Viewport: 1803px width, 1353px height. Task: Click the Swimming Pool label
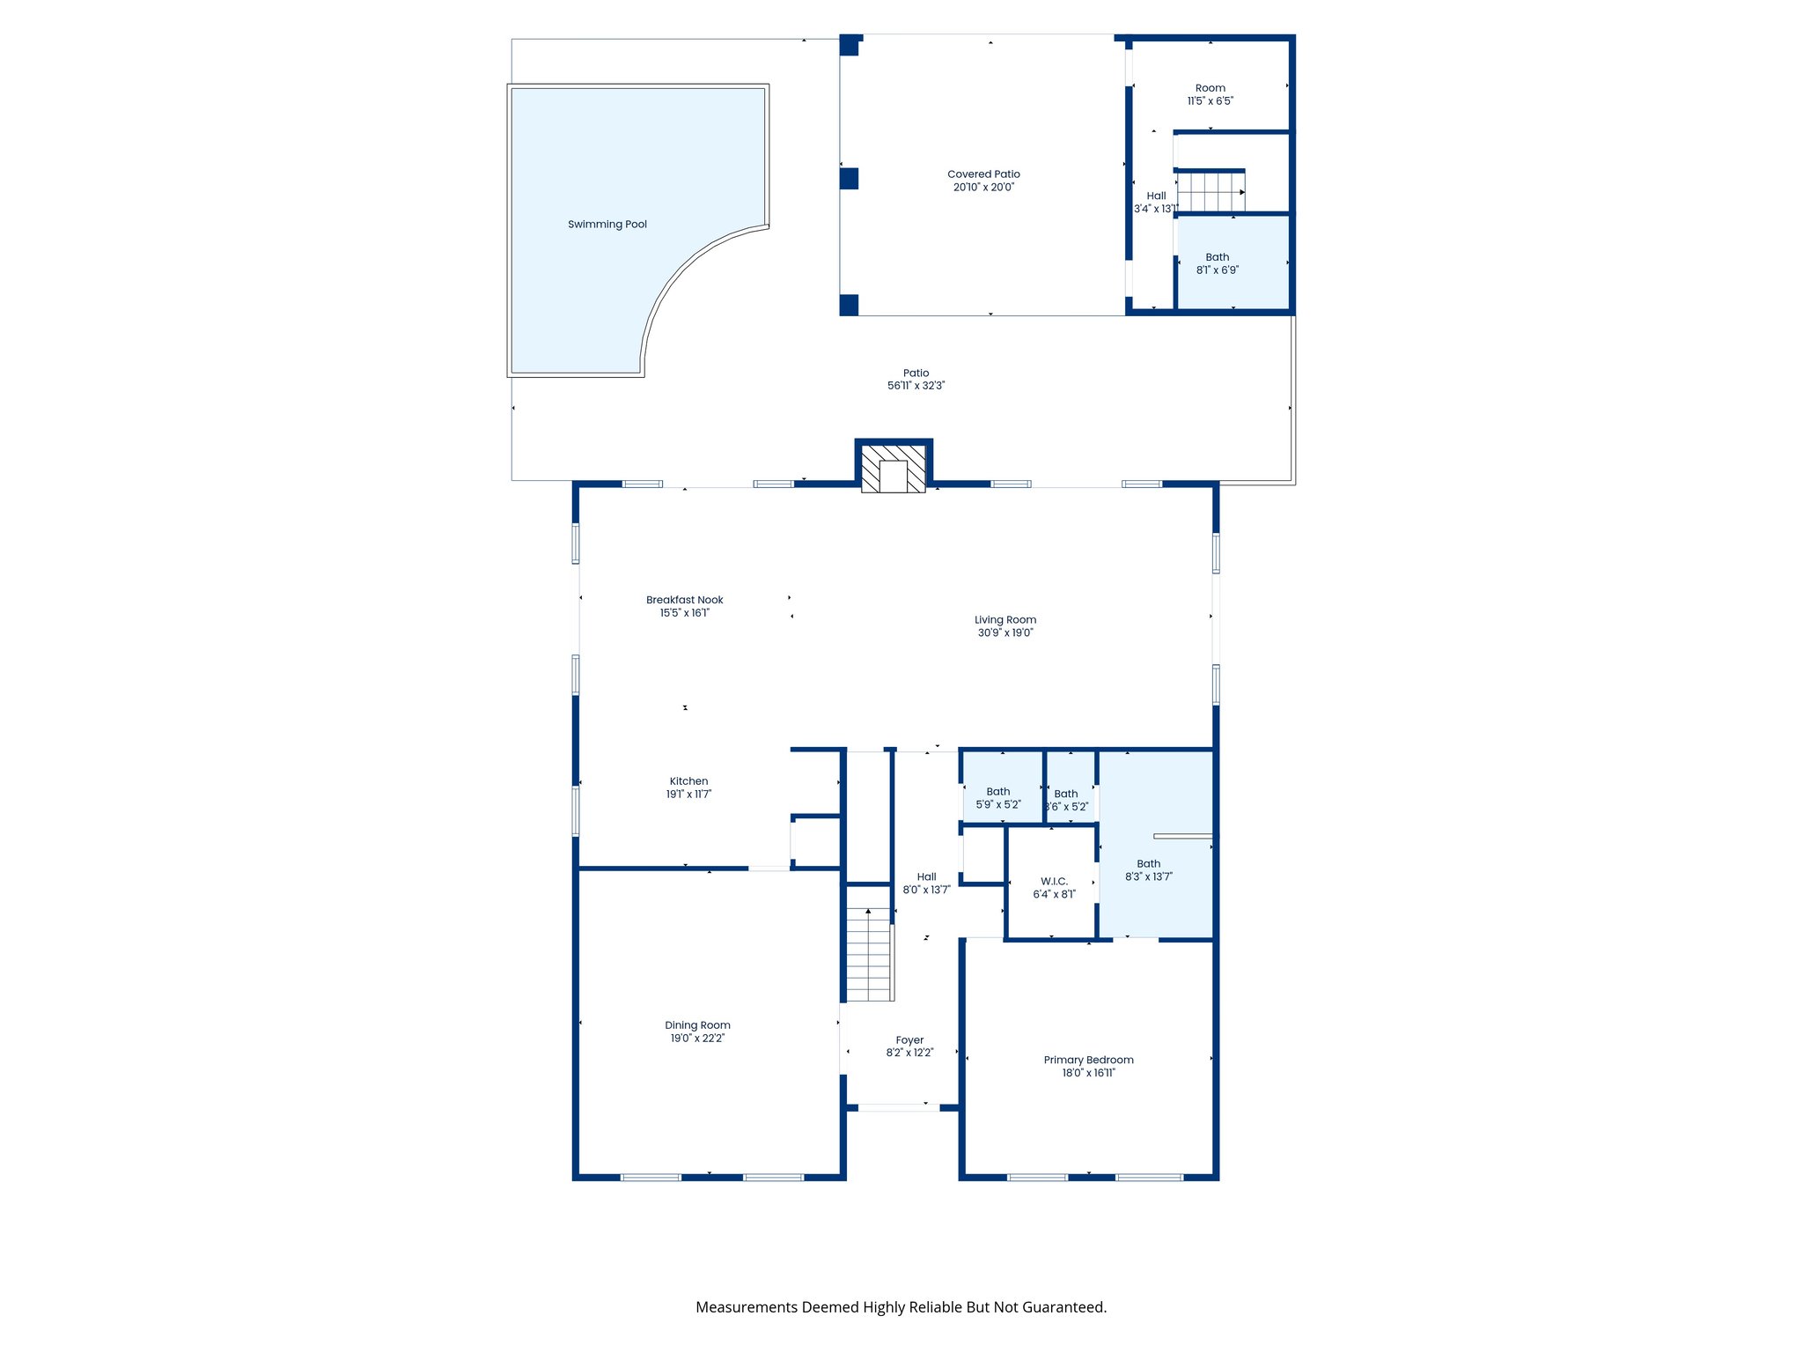[607, 225]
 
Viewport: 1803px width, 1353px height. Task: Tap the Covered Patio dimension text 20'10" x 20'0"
[983, 188]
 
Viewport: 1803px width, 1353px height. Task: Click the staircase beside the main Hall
[869, 955]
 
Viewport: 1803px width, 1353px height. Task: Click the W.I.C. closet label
[1054, 882]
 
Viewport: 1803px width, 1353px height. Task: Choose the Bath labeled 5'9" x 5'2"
[997, 798]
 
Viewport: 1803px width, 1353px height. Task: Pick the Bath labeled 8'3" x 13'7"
[1148, 870]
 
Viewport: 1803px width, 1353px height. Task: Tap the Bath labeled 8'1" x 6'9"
[1217, 263]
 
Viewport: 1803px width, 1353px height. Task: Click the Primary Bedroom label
[1088, 1060]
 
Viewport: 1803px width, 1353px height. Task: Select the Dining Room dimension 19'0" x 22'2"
[697, 1039]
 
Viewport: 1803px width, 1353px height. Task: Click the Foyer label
[909, 1040]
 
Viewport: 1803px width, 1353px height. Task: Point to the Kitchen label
[688, 781]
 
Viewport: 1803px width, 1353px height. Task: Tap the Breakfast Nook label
[684, 600]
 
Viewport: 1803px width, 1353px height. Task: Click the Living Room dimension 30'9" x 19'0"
[1005, 633]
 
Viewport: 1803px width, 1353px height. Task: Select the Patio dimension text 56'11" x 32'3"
[916, 386]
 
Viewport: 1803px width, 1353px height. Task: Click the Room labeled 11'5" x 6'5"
[1210, 94]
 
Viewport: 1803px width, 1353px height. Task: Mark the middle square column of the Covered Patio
[849, 179]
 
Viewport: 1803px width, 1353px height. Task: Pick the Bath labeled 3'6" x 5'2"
[1066, 800]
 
